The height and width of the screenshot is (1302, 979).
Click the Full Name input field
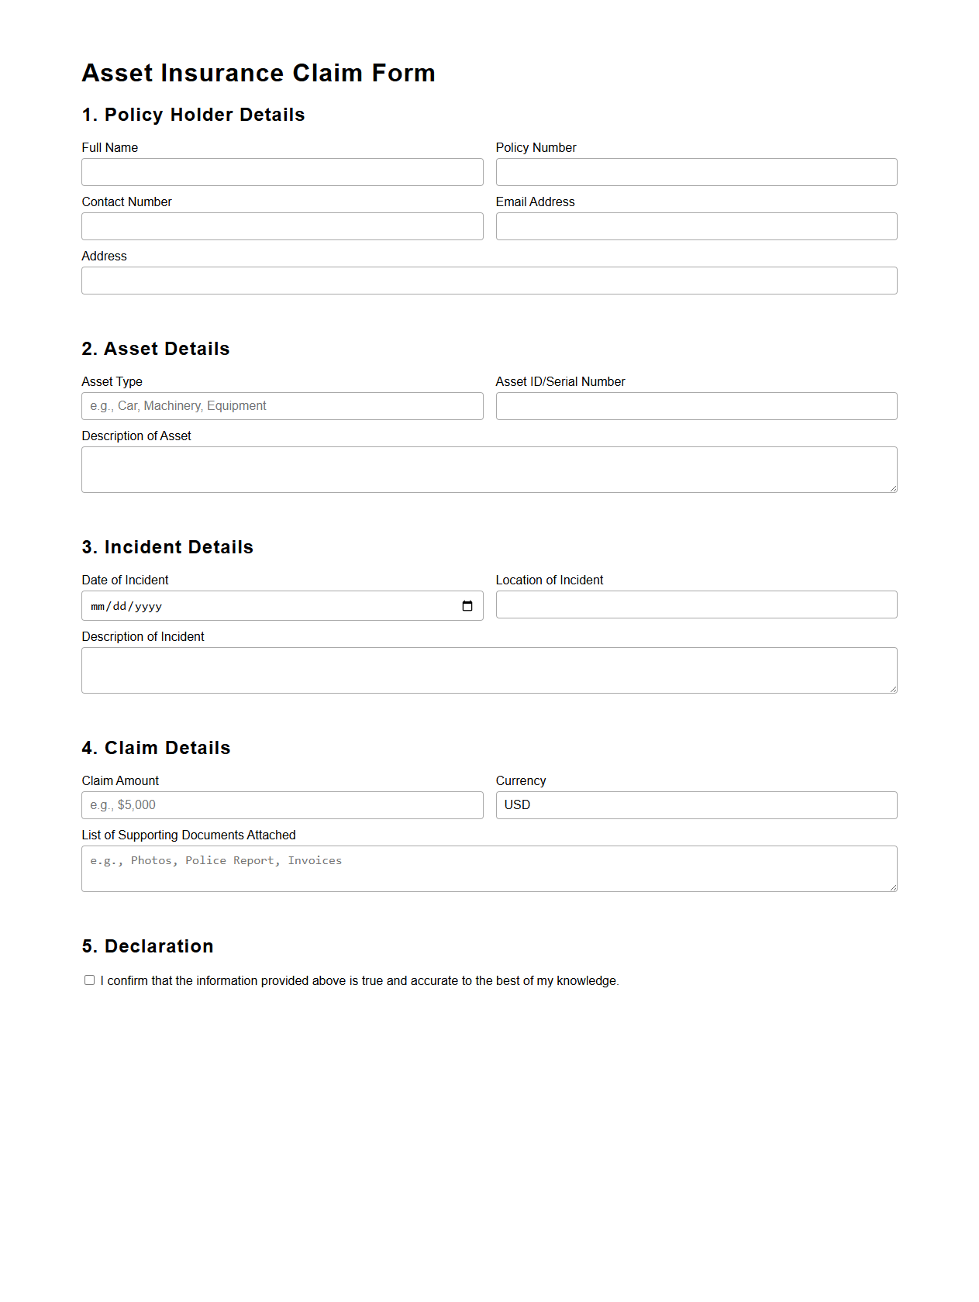tap(282, 172)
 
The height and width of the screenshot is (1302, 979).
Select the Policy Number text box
tap(696, 172)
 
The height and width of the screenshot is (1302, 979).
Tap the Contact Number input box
tap(282, 226)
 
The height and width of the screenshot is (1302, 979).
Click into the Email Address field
tap(696, 226)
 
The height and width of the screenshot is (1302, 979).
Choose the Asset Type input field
tap(282, 406)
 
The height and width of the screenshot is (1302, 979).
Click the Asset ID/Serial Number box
tap(696, 406)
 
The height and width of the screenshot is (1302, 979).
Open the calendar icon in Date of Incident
tap(467, 606)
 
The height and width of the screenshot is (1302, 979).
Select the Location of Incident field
tap(696, 604)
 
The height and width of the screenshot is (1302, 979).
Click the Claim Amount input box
tap(282, 805)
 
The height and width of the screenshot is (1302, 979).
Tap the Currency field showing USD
tap(696, 805)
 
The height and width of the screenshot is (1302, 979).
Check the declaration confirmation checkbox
tap(90, 980)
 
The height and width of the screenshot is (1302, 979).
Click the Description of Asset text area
tap(489, 470)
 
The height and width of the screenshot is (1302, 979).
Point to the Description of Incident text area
tap(489, 670)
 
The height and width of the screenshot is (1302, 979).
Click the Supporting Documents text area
tap(489, 869)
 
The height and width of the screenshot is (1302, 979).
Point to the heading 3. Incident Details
tap(167, 547)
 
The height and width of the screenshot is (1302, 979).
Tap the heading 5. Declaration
tap(147, 946)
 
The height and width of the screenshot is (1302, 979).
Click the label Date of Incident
tap(125, 580)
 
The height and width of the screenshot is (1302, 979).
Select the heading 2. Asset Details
tap(156, 349)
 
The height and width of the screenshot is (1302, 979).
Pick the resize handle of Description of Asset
tap(893, 488)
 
